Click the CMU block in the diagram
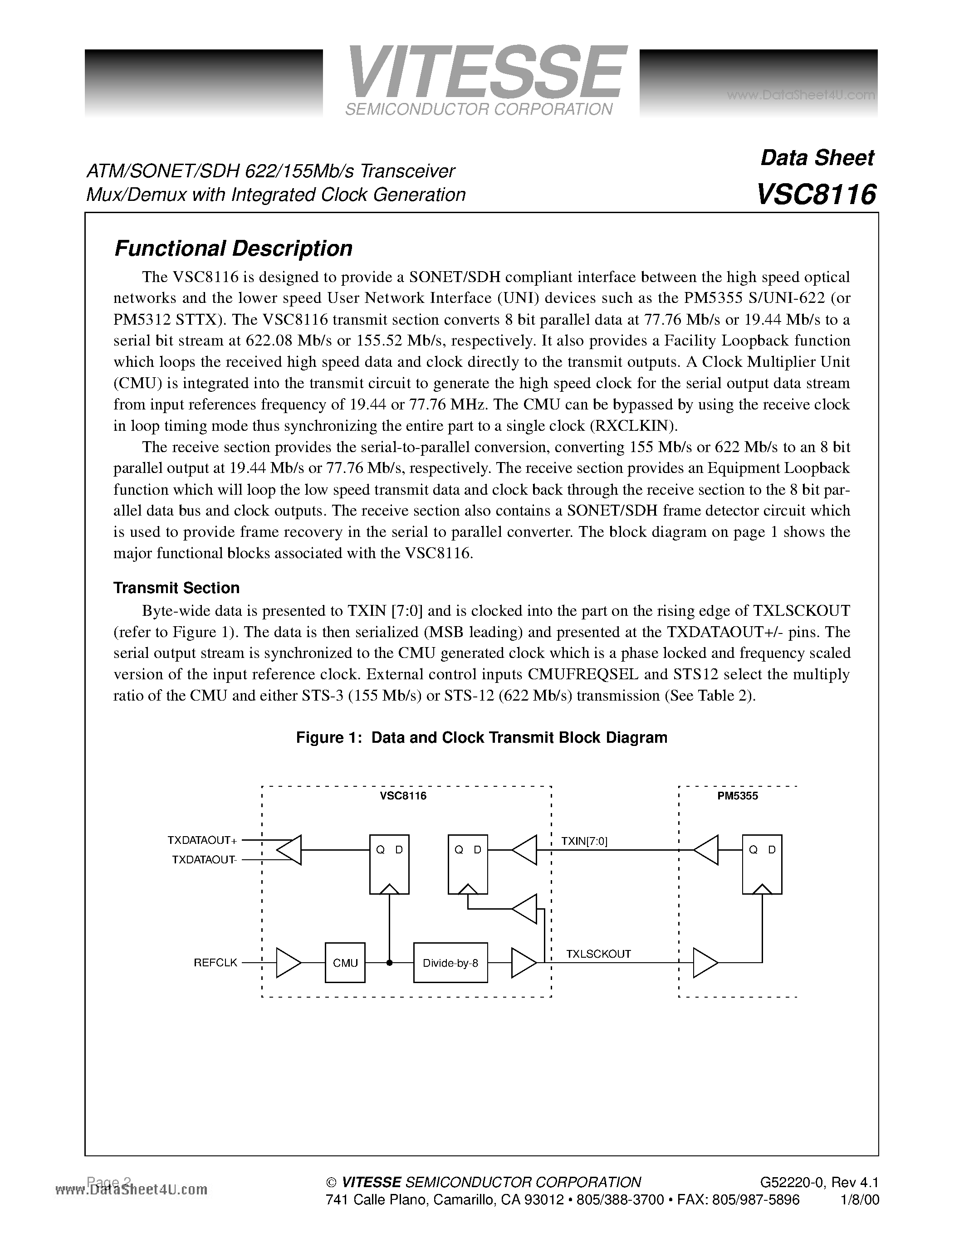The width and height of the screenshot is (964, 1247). (345, 963)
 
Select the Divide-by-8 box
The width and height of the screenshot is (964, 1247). (450, 963)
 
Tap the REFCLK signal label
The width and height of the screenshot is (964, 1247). (215, 963)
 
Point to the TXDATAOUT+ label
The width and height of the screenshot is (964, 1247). (201, 840)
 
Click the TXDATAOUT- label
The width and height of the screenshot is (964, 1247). (204, 859)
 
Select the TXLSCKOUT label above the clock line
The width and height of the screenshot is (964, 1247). (598, 954)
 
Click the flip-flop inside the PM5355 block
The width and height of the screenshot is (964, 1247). (762, 864)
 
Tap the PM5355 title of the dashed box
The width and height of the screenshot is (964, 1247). (737, 796)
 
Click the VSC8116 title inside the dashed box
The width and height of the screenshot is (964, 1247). (403, 796)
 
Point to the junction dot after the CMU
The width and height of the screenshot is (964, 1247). (390, 963)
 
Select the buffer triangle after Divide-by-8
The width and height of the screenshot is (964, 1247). (523, 963)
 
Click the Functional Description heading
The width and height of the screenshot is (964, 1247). (233, 248)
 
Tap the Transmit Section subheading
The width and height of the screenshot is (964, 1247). (176, 588)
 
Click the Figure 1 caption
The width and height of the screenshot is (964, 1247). (481, 737)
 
